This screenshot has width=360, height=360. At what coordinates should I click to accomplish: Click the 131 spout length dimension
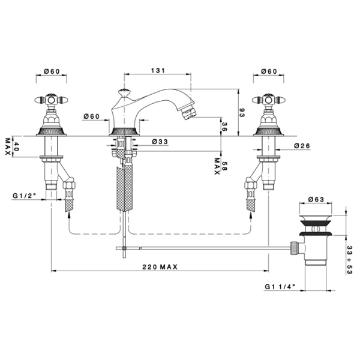(x=158, y=70)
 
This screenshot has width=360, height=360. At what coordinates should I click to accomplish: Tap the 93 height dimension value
(x=242, y=113)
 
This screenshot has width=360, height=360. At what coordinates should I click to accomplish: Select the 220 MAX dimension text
(x=160, y=267)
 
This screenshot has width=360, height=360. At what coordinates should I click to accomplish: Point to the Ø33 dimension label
(x=160, y=142)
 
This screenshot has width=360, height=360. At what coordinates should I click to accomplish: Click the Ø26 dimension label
(x=302, y=146)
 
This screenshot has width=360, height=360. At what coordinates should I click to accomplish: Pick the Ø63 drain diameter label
(x=316, y=199)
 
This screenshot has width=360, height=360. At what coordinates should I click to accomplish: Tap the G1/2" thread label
(x=25, y=196)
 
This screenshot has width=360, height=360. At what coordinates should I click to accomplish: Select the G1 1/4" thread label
(x=280, y=287)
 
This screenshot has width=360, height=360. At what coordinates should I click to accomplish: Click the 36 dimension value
(x=224, y=127)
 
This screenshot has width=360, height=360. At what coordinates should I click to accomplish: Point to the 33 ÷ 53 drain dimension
(x=349, y=260)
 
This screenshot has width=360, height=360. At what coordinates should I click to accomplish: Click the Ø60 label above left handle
(x=52, y=71)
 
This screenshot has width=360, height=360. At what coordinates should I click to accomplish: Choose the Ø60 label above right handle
(x=269, y=71)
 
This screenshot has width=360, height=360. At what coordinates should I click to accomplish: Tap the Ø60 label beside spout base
(x=92, y=116)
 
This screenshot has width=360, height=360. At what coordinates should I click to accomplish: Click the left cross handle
(x=51, y=100)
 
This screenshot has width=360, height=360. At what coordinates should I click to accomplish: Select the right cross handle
(x=269, y=100)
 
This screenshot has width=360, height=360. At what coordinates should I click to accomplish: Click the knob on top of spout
(x=124, y=92)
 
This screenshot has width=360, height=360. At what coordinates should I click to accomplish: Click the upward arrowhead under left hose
(x=69, y=215)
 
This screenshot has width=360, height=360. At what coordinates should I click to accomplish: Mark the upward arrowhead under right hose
(x=251, y=215)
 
